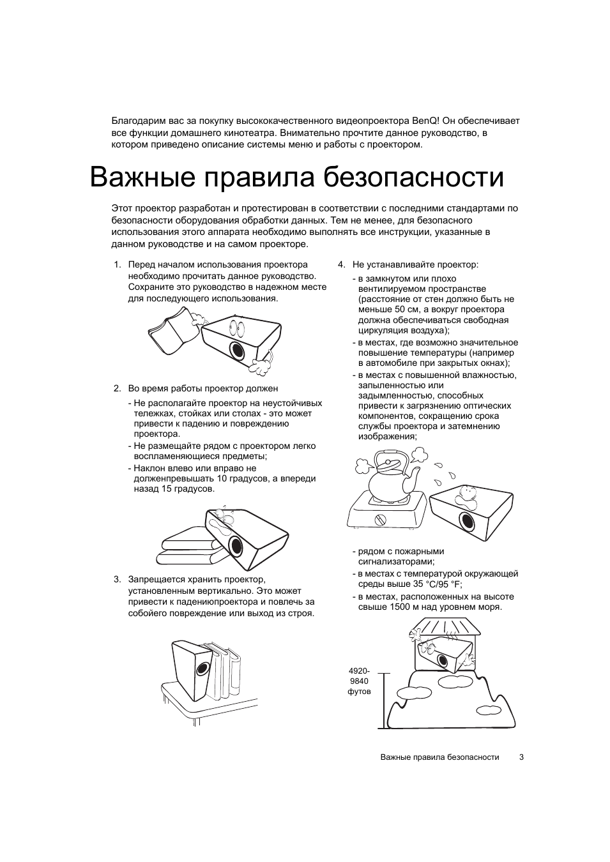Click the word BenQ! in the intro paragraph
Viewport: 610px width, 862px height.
coord(424,121)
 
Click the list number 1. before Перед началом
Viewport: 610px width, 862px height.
coord(118,265)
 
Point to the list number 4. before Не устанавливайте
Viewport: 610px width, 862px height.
coord(342,265)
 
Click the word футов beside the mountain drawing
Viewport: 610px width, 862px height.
coord(359,692)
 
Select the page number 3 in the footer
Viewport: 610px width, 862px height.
coord(521,757)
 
